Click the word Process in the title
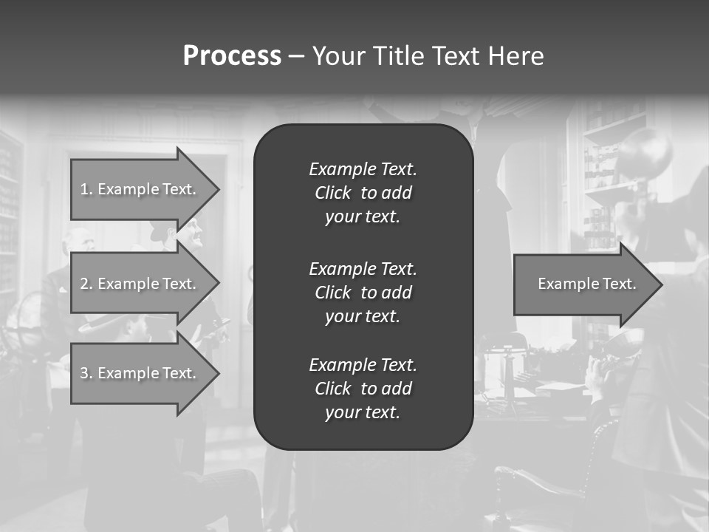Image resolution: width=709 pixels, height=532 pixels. coord(232,56)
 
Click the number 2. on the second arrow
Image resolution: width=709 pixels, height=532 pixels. coord(86,284)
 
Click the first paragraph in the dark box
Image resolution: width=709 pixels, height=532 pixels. coord(363,193)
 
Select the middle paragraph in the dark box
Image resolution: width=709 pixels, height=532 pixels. coord(363,293)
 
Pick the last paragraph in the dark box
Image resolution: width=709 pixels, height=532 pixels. coord(363,389)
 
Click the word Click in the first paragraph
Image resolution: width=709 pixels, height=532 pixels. coord(332,193)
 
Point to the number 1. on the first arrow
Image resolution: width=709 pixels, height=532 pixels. coord(86,189)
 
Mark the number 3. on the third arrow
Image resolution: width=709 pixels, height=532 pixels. coord(86,373)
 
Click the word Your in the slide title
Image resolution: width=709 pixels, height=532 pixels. coord(336,56)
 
